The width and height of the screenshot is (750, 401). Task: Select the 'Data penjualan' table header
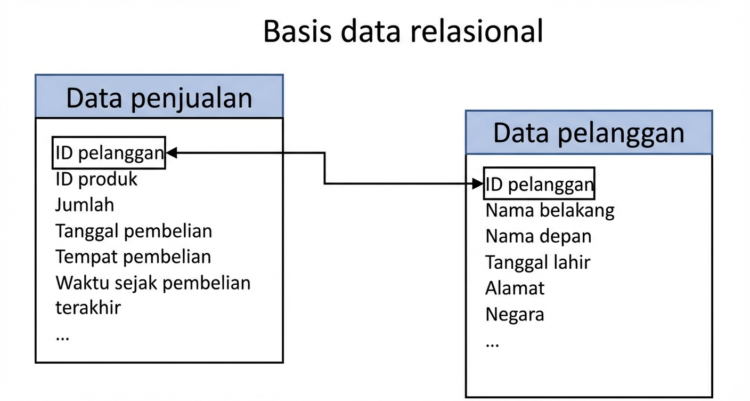pyautogui.click(x=159, y=97)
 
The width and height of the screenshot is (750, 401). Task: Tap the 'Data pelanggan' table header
pyautogui.click(x=589, y=133)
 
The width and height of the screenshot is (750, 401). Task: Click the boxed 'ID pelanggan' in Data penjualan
pyautogui.click(x=109, y=153)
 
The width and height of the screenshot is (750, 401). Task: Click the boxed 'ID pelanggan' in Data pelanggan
pyautogui.click(x=539, y=184)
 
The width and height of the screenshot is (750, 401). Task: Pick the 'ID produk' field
pyautogui.click(x=96, y=179)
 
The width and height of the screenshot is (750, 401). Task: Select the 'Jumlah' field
pyautogui.click(x=85, y=205)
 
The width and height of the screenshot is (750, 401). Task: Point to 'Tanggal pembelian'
pyautogui.click(x=134, y=231)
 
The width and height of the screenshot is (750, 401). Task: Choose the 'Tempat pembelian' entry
pyautogui.click(x=133, y=256)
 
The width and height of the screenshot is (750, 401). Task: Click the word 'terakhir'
pyautogui.click(x=88, y=308)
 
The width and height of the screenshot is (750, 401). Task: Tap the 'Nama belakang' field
pyautogui.click(x=550, y=210)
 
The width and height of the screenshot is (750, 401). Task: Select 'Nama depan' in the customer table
pyautogui.click(x=538, y=236)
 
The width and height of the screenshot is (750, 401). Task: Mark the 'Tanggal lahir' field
pyautogui.click(x=537, y=262)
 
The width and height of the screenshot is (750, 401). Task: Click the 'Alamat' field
pyautogui.click(x=515, y=288)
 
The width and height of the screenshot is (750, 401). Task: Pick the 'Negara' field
pyautogui.click(x=515, y=314)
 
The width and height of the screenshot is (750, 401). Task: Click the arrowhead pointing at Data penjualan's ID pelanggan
pyautogui.click(x=172, y=153)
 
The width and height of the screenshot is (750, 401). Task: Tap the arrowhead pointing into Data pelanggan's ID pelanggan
pyautogui.click(x=478, y=184)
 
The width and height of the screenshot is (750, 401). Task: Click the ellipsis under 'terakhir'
pyautogui.click(x=62, y=338)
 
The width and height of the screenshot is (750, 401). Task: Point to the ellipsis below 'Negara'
pyautogui.click(x=492, y=344)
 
